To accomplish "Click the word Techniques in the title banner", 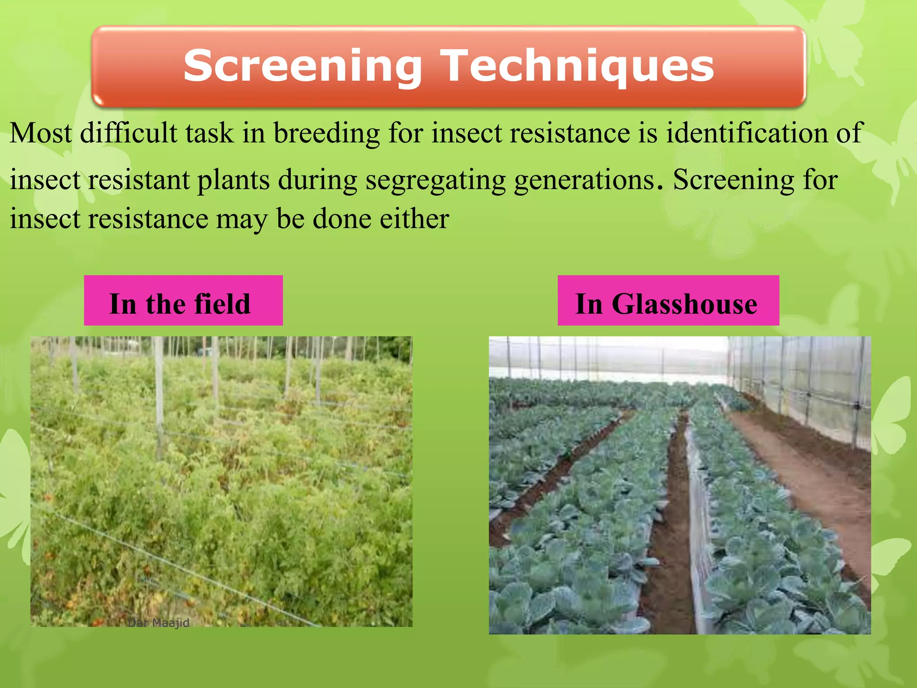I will (577, 66).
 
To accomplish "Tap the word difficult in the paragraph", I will (129, 133).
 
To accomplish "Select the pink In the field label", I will (183, 300).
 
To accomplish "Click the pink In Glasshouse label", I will (668, 300).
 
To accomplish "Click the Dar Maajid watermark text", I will (159, 623).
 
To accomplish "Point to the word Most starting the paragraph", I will (40, 133).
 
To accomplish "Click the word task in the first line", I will (210, 133).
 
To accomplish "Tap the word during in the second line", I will (317, 180).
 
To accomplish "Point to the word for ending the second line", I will (820, 180).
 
